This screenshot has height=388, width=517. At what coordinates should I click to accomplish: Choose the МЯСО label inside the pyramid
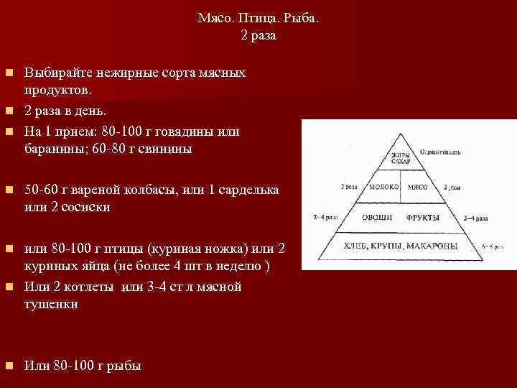click(x=418, y=187)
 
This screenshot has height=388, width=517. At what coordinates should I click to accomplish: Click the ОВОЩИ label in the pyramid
click(x=376, y=216)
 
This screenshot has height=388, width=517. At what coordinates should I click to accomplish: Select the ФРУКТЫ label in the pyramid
click(x=423, y=216)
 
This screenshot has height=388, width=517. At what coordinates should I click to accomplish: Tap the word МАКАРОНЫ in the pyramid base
click(x=432, y=246)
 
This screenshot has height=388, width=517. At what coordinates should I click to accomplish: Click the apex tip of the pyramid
click(x=401, y=138)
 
